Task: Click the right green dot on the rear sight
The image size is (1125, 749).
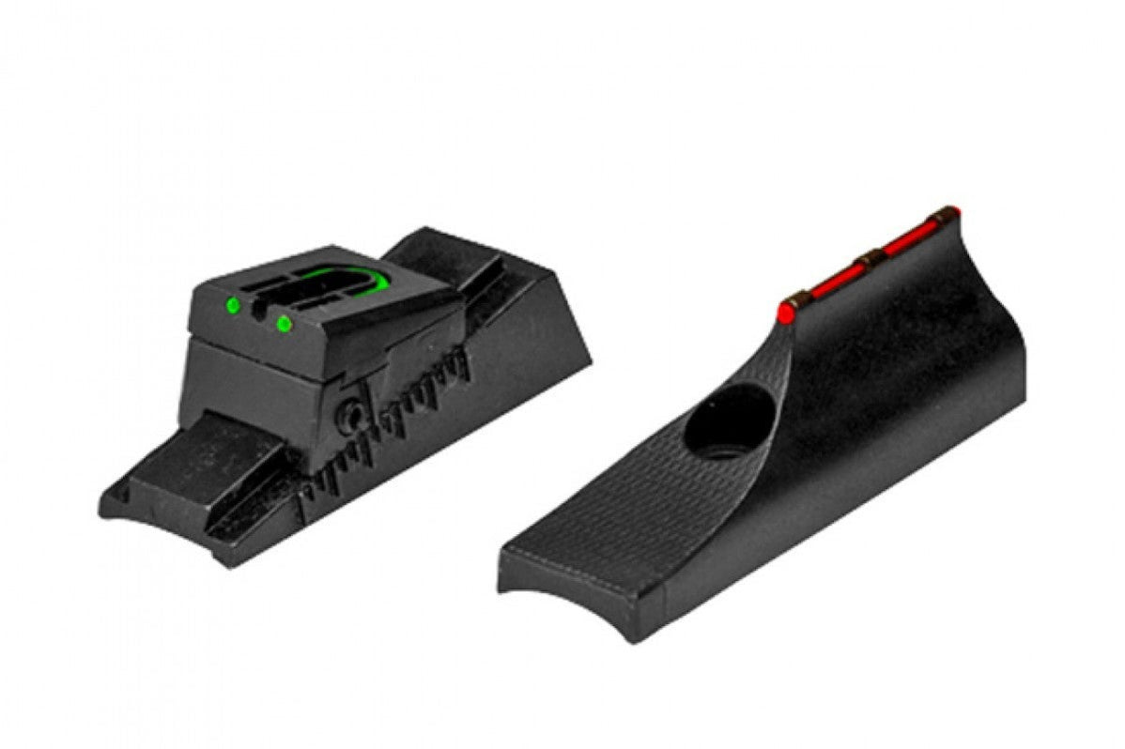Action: tap(284, 324)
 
